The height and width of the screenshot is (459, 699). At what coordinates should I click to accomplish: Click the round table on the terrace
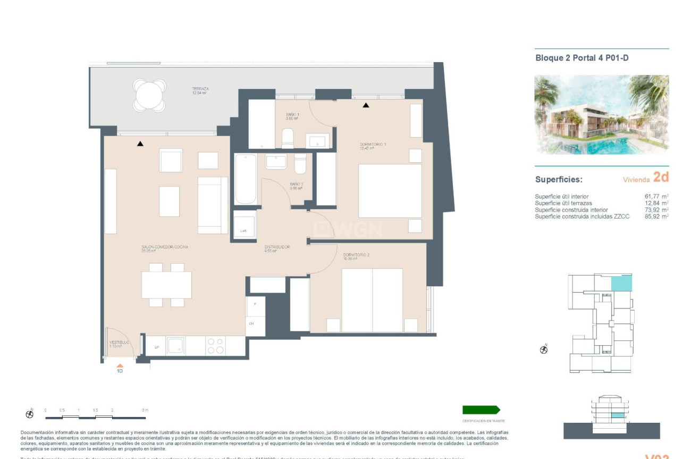[x=150, y=96]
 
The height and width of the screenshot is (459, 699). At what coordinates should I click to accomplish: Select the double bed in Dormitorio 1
[x=390, y=191]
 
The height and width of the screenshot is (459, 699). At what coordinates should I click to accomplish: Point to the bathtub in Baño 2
[x=246, y=179]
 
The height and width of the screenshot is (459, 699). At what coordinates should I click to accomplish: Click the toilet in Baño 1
[x=288, y=138]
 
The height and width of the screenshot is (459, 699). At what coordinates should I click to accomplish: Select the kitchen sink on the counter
[x=175, y=346]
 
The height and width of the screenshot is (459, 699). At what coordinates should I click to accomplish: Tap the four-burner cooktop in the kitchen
[x=216, y=346]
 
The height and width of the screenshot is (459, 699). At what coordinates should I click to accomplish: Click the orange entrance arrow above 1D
[x=120, y=365]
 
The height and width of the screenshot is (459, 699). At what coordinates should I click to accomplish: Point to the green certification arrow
[x=481, y=410]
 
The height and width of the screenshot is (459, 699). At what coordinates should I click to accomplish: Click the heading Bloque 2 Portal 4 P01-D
[x=582, y=58]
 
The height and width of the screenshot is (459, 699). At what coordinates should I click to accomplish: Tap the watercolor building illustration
[x=601, y=114]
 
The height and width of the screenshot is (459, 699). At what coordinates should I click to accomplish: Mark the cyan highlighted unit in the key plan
[x=621, y=283]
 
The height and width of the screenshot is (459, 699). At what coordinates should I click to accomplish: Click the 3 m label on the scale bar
[x=145, y=410]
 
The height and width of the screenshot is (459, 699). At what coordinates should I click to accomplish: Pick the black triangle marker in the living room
[x=140, y=144]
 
